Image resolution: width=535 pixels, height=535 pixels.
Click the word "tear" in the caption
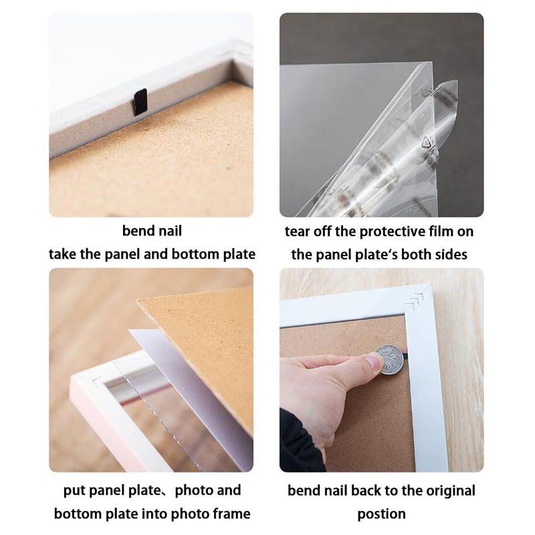point(299,231)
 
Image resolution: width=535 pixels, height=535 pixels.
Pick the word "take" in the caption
point(62,255)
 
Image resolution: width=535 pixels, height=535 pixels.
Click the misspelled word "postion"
point(381,514)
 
